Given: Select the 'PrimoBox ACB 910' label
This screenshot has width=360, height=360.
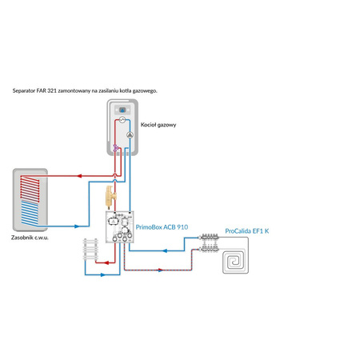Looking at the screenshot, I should pyautogui.click(x=162, y=227).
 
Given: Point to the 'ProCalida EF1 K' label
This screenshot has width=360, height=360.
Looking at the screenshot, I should pyautogui.click(x=247, y=230).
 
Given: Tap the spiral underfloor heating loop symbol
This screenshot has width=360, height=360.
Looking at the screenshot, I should pyautogui.click(x=238, y=262).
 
